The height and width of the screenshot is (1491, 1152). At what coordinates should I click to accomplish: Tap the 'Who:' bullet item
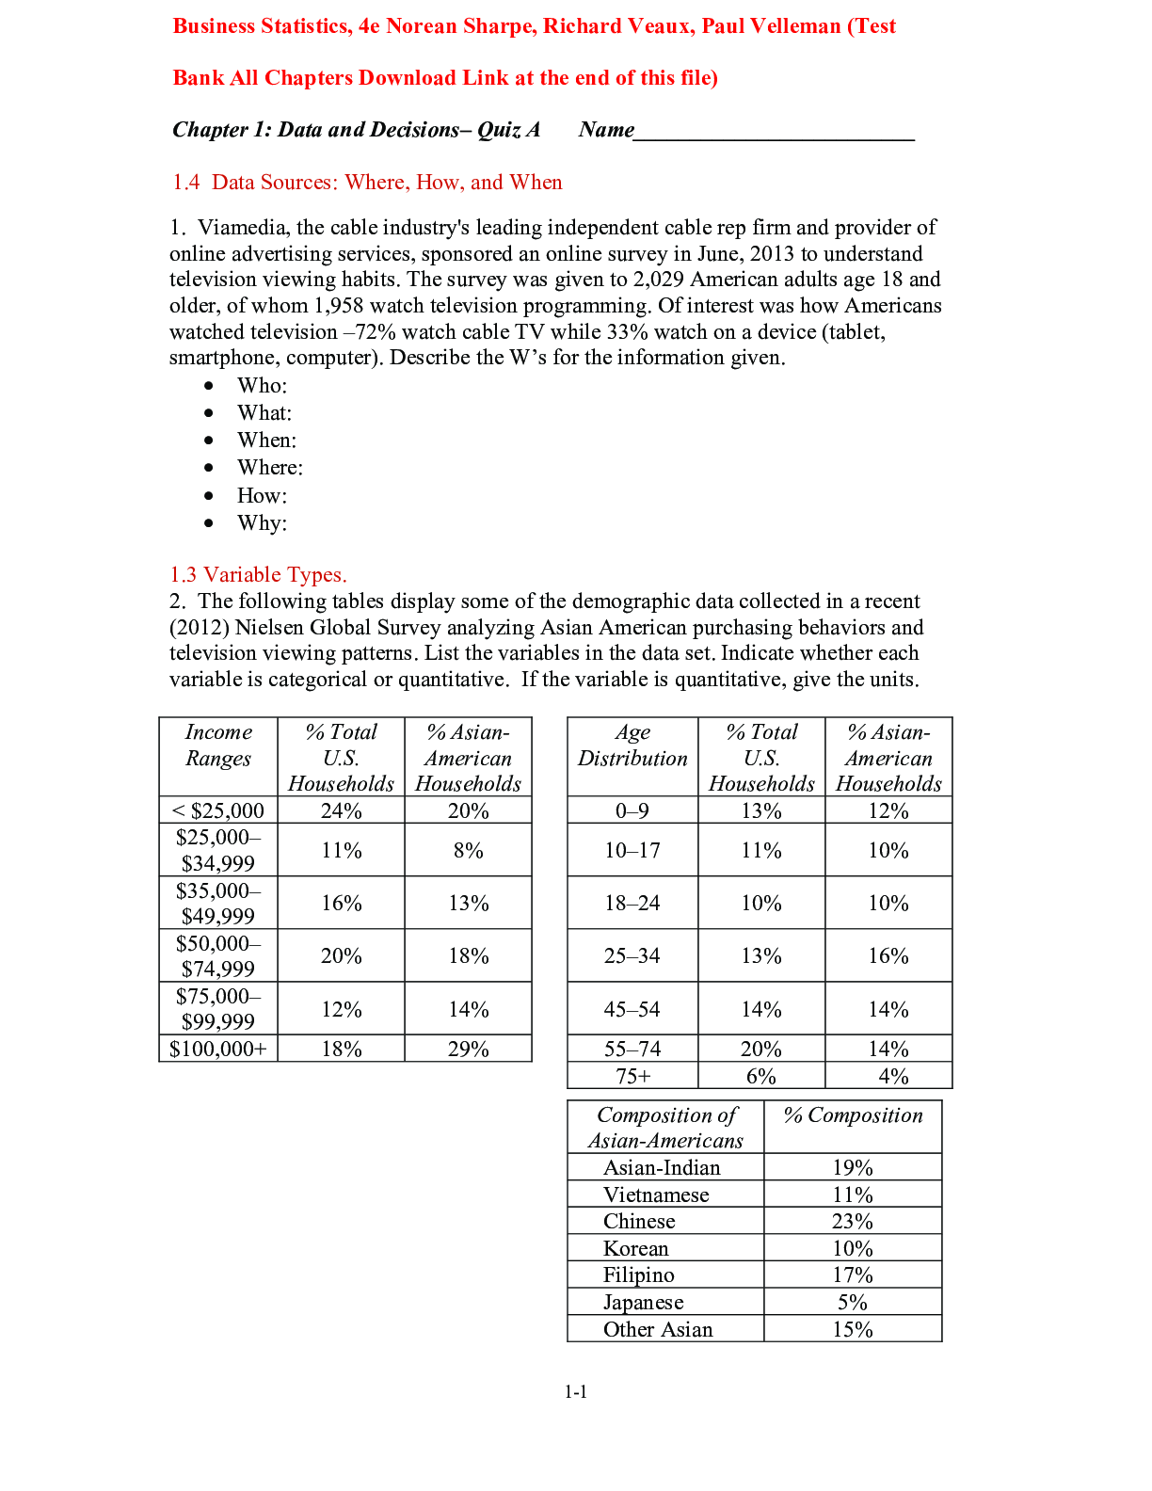click(262, 386)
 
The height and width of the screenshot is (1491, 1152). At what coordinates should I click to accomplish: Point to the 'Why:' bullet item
click(262, 523)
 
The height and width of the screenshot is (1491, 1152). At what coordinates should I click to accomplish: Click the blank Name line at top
click(774, 132)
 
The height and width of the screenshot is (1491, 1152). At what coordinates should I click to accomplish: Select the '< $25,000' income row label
click(218, 810)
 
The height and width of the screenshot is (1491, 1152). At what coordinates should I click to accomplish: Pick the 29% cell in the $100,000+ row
click(468, 1050)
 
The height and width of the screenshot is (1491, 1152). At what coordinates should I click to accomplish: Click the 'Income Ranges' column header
click(218, 745)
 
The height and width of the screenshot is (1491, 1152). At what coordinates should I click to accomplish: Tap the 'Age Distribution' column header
click(632, 745)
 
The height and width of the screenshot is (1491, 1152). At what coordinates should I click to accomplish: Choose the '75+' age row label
click(632, 1077)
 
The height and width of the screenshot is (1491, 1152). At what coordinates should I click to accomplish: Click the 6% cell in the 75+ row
click(760, 1077)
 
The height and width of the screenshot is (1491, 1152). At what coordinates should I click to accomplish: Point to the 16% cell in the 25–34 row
click(888, 956)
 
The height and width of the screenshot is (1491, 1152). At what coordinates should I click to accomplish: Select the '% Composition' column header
click(853, 1115)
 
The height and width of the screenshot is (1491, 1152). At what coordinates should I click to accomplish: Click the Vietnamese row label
click(656, 1195)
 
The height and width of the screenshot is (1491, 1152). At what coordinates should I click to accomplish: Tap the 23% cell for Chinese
click(852, 1222)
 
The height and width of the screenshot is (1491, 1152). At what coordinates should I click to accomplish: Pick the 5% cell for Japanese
click(852, 1303)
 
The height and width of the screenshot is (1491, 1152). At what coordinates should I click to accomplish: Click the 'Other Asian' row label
click(658, 1330)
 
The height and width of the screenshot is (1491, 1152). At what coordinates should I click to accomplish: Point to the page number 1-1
click(576, 1392)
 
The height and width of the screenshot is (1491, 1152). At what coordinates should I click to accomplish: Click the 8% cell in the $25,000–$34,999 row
click(468, 851)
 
